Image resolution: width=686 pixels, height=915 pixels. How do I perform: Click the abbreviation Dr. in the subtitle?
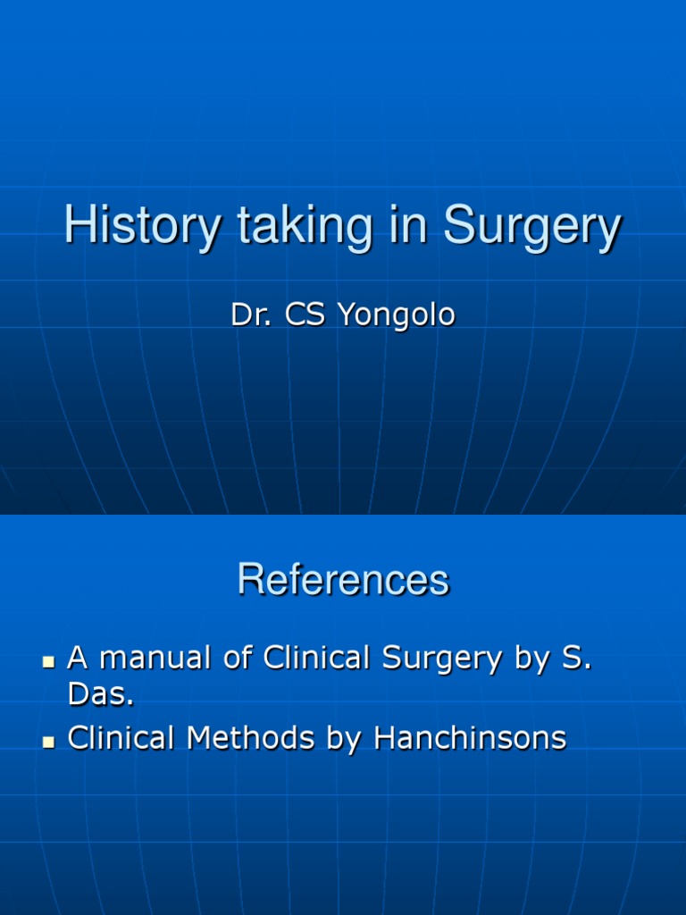tap(253, 315)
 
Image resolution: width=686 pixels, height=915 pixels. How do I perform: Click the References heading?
tap(343, 580)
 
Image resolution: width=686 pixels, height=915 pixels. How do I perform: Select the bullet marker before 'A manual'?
tap(49, 662)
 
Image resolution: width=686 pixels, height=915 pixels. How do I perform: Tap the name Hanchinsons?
tap(470, 738)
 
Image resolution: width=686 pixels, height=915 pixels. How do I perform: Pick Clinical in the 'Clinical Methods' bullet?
tap(122, 738)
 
